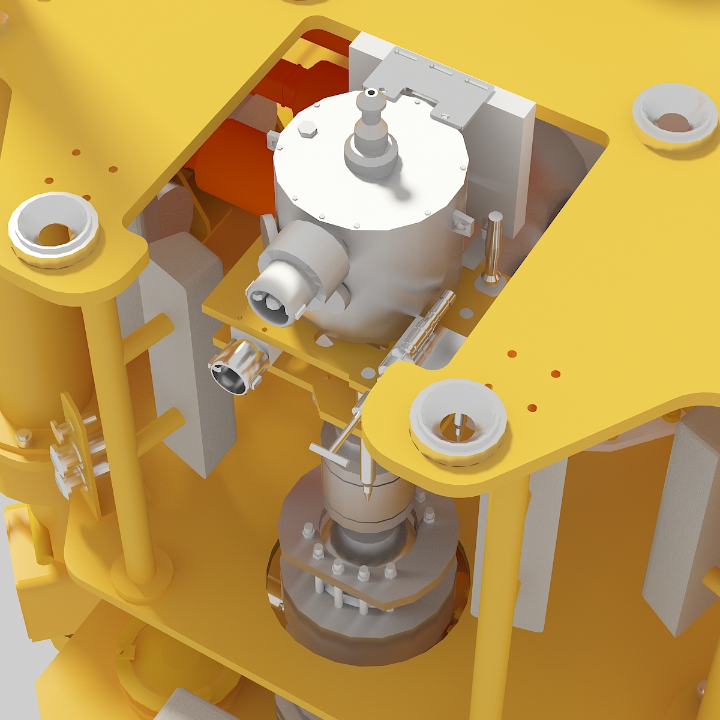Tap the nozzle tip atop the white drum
pyautogui.click(x=372, y=94)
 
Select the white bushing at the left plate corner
pyautogui.click(x=54, y=230)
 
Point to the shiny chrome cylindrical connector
pyautogui.click(x=237, y=366)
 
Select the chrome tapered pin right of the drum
pyautogui.click(x=494, y=246)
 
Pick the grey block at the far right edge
pyautogui.click(x=681, y=528)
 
